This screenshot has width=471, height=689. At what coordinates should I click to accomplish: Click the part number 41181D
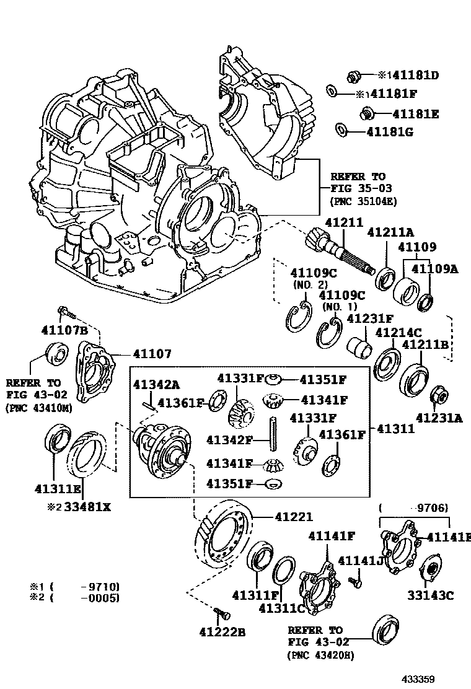click(x=413, y=76)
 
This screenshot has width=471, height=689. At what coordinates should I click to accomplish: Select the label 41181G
click(x=390, y=132)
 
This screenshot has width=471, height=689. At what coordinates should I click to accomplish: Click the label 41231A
click(x=439, y=418)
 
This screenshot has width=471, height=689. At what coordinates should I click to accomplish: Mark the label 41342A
click(x=156, y=384)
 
